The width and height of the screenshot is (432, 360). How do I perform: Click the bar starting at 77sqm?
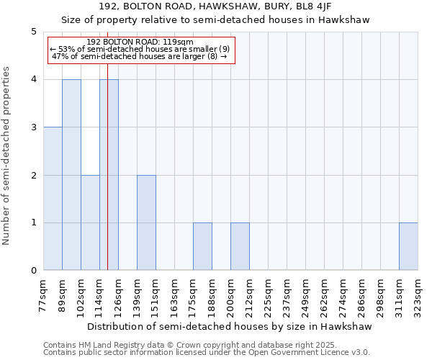pos(53,199)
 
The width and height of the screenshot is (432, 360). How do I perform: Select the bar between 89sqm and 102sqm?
pos(71,175)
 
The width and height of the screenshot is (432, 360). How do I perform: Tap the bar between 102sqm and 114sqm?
pos(90,222)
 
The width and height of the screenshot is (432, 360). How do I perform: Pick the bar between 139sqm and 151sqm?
pos(146,222)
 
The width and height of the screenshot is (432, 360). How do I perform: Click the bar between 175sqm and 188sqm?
pos(202,246)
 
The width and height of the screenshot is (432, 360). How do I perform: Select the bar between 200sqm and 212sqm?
pos(240,246)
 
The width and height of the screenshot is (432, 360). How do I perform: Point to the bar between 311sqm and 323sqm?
pos(408,246)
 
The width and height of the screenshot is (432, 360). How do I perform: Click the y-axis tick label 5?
pos(33,32)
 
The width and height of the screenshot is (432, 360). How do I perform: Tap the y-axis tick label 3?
pos(33,127)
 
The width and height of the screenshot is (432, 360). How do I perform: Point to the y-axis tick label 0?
pos(33,271)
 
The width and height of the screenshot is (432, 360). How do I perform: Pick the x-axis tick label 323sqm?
pos(418,294)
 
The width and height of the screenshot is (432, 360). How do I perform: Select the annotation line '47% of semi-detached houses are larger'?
pos(140,56)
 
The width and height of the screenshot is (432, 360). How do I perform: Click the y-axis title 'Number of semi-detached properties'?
pos(7,156)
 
